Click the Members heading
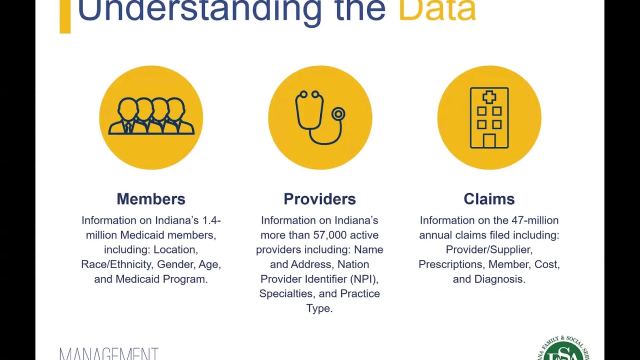[151, 199]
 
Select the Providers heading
[319, 199]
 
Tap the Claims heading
[489, 199]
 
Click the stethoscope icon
[319, 118]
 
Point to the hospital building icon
[489, 118]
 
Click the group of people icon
[151, 116]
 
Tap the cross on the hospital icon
[489, 97]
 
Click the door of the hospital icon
[489, 141]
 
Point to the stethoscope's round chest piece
[338, 114]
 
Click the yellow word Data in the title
[436, 10]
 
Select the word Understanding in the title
[199, 10]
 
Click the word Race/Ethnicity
[116, 264]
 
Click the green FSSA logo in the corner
[566, 350]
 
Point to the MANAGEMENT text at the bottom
[109, 354]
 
